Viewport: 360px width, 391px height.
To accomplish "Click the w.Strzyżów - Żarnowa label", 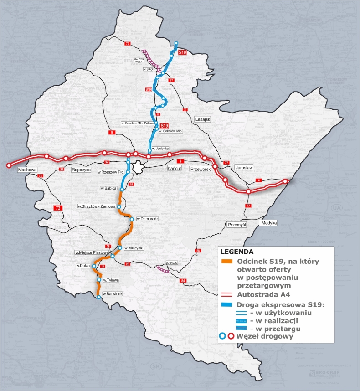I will tap(97, 206).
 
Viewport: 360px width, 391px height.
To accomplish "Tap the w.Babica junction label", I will tap(109, 188).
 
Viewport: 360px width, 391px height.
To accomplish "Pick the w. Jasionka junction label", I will tap(160, 149).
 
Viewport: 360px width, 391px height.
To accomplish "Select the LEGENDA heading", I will tap(237, 251).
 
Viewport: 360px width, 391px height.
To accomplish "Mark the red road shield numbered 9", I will tap(112, 132).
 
